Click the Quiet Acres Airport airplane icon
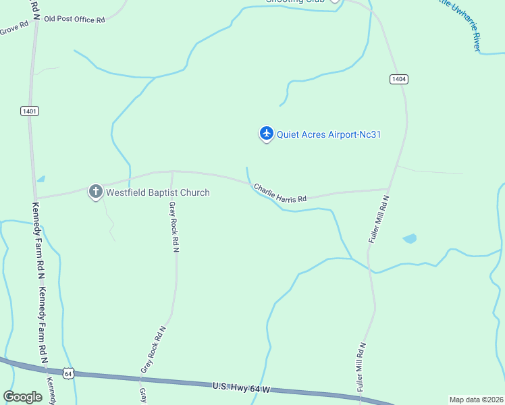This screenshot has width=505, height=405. coord(266,134)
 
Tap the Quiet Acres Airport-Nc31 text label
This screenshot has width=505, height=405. coord(329,134)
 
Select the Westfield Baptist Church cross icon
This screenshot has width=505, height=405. coord(96,192)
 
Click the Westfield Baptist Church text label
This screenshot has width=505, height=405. coord(158,192)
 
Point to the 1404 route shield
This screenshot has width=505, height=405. coord(399,79)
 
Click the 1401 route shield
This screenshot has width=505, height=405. coord(30,111)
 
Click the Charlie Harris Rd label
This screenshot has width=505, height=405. coord(280,193)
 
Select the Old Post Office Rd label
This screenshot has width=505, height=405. coord(74,20)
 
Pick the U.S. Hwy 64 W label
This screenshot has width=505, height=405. coord(241,387)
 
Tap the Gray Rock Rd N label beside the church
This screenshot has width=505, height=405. coord(174,227)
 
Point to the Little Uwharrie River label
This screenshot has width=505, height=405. coord(466,24)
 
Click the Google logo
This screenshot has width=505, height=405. coord(23,397)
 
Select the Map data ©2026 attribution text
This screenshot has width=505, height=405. coord(476,400)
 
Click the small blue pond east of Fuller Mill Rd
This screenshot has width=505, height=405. coord(409,238)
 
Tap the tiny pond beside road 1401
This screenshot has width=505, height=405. coord(41,179)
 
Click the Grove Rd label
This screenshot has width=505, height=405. coord(14,28)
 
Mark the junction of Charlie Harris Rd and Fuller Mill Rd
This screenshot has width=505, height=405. coord(389,190)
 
